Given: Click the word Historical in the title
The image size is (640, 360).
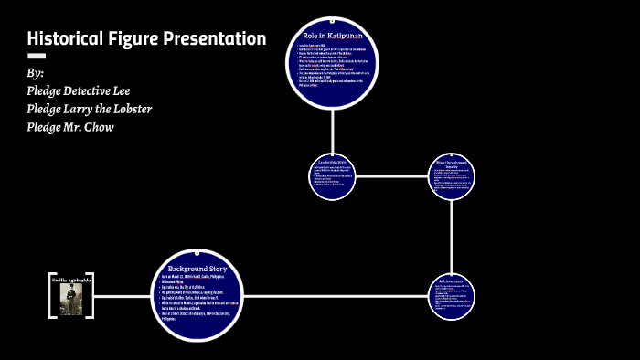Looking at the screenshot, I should [x=65, y=39].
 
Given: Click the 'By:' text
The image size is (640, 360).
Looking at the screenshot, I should [x=36, y=73].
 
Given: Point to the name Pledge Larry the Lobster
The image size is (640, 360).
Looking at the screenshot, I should [x=90, y=109].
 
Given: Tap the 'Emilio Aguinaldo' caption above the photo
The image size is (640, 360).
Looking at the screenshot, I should [x=71, y=279].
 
